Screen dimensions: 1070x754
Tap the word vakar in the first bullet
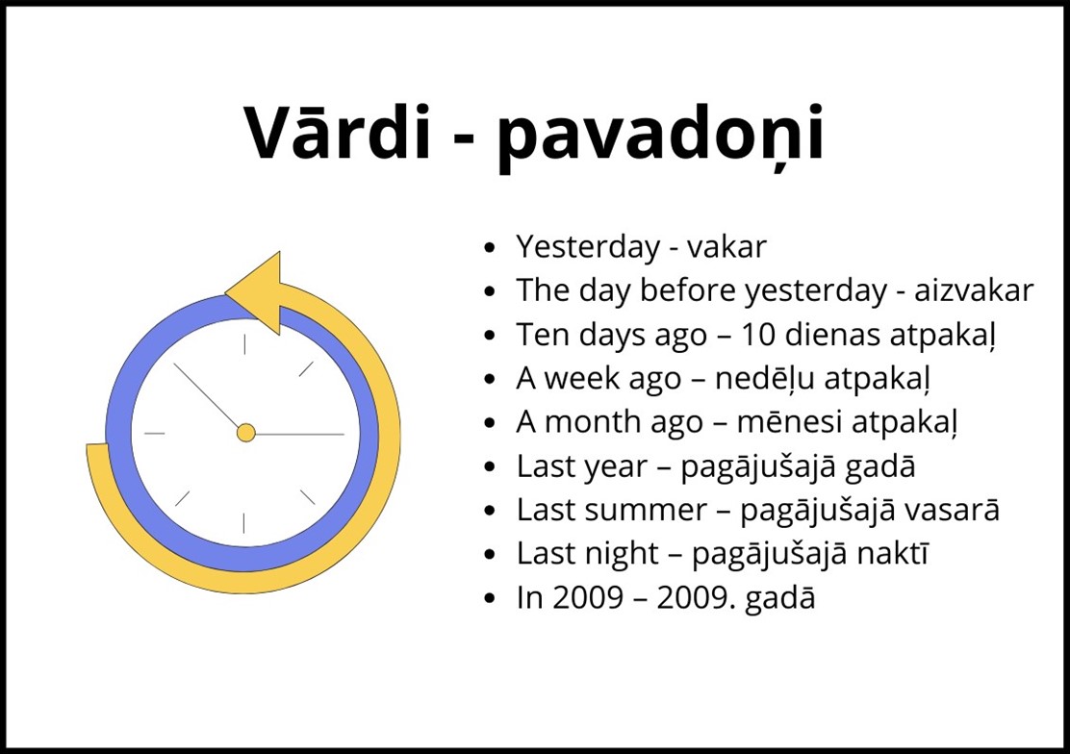[726, 246]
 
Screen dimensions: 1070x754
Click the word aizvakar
[974, 290]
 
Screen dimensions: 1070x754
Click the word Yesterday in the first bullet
[588, 247]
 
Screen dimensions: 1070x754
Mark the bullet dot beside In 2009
[489, 598]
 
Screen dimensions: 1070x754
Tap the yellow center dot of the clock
[245, 433]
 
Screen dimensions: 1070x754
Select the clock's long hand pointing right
[299, 434]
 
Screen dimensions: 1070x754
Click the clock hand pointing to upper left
[207, 396]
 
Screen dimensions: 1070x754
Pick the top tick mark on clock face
[244, 344]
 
